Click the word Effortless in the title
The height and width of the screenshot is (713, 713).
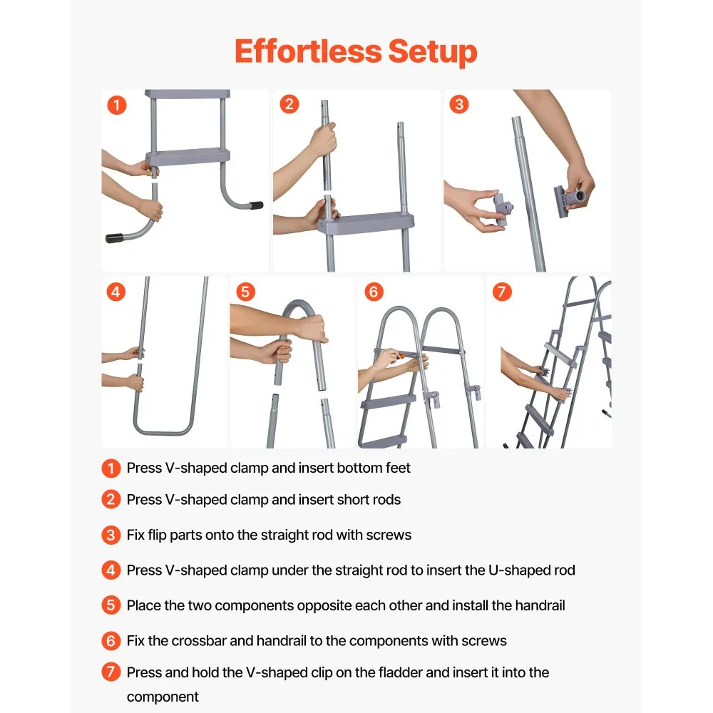(x=308, y=51)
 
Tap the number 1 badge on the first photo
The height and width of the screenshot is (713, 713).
(x=117, y=105)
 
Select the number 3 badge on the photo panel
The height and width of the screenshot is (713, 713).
(x=458, y=104)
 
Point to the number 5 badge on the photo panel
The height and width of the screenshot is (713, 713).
(x=245, y=292)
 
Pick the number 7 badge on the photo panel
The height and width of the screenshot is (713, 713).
(x=502, y=292)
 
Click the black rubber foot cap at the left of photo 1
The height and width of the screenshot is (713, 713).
(x=115, y=238)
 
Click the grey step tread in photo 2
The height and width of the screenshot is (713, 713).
(x=366, y=223)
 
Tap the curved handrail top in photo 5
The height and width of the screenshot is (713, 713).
(x=299, y=304)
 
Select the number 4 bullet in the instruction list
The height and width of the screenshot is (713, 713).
(x=111, y=570)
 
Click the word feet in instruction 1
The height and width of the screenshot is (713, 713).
(x=397, y=468)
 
